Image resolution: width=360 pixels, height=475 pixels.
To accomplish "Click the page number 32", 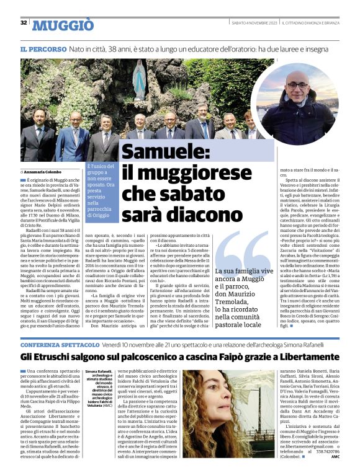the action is point(24,23).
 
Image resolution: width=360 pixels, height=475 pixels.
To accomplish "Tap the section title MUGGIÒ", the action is point(63,25).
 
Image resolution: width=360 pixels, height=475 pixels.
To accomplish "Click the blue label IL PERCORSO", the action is point(43,48).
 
